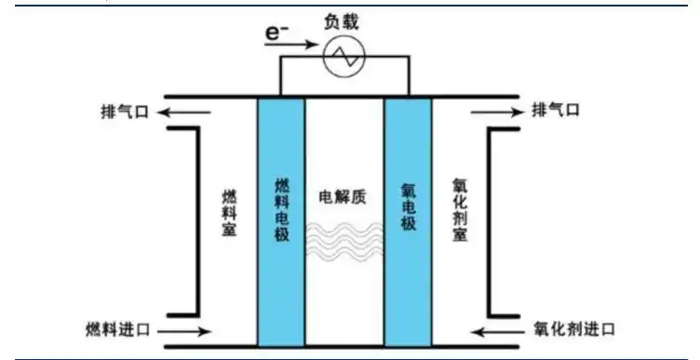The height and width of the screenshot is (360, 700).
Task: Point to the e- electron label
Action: coord(274,33)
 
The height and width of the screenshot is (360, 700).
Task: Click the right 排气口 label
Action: coord(556,111)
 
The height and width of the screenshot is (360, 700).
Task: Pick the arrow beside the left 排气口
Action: coord(176,112)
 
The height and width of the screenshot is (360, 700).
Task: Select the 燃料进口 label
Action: coord(114,329)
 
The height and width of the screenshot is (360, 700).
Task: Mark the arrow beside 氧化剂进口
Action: coord(497,330)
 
